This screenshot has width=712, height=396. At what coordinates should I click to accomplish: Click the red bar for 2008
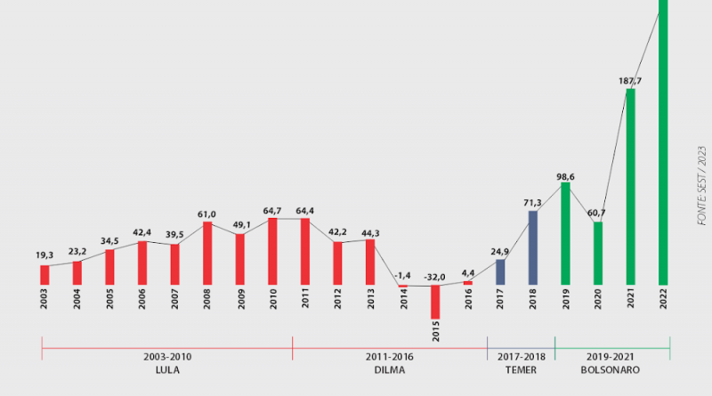[x=207, y=253]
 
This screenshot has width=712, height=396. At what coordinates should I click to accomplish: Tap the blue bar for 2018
[x=533, y=247]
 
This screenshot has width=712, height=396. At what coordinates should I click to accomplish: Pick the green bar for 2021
[x=630, y=186]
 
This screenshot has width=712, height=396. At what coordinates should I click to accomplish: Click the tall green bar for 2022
[x=663, y=142]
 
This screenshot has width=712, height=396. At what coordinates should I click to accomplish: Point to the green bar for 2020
[x=598, y=253]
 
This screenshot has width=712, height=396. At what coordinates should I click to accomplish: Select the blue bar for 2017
[x=500, y=271]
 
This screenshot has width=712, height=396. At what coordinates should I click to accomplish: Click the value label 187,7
[x=630, y=81]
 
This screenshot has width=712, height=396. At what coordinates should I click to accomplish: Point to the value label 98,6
[x=565, y=176]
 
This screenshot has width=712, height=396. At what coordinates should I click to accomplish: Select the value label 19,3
[x=45, y=255]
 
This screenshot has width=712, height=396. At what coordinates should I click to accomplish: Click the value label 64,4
[x=305, y=210]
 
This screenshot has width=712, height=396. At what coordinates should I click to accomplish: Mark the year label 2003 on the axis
[x=44, y=300]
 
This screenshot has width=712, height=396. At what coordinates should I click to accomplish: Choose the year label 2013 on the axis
[x=370, y=300]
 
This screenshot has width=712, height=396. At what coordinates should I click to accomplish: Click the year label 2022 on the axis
[x=663, y=300]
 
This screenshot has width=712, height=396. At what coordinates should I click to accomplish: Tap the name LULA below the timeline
[x=167, y=369]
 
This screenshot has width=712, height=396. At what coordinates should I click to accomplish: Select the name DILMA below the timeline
[x=390, y=369]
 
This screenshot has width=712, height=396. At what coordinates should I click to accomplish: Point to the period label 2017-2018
[x=521, y=357]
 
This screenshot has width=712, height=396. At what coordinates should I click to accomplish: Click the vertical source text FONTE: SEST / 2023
[x=700, y=185]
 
